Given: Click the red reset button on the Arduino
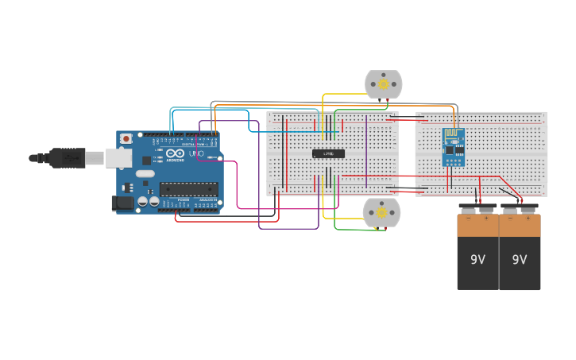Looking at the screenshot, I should (x=126, y=138).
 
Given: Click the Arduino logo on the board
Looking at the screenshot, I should (x=175, y=153).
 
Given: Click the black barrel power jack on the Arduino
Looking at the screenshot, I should (x=122, y=203).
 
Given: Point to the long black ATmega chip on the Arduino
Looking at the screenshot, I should (x=188, y=189).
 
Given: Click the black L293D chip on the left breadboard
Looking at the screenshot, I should (x=328, y=153).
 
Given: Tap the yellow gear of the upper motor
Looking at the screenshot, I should (x=384, y=83).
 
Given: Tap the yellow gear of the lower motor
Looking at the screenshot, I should (x=382, y=212).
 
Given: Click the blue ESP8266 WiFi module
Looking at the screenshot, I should (x=453, y=147).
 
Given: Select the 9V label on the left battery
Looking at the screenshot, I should (x=477, y=260).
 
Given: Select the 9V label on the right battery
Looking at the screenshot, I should (x=520, y=260).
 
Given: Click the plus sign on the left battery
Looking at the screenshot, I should (x=485, y=218).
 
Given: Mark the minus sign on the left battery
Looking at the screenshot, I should (x=469, y=218).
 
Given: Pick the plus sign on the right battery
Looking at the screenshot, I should (x=528, y=218).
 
